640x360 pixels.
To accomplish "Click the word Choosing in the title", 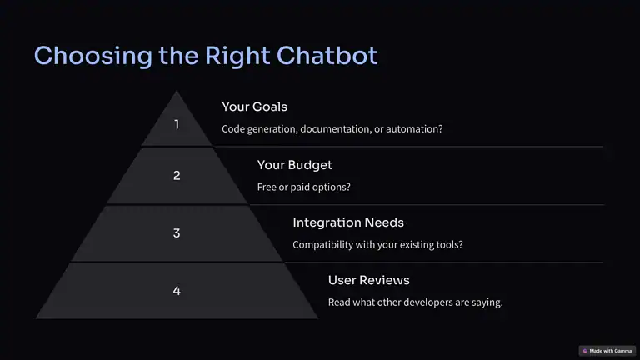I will pyautogui.click(x=80, y=56).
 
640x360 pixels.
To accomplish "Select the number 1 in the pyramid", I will pyautogui.click(x=177, y=124).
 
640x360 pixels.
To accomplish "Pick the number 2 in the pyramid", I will pyautogui.click(x=177, y=175).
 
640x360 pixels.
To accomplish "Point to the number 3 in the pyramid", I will pyautogui.click(x=177, y=233).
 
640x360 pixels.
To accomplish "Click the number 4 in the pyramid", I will pyautogui.click(x=177, y=291).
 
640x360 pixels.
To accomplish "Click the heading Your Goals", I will pyautogui.click(x=254, y=107).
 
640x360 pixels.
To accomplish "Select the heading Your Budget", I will pyautogui.click(x=294, y=165).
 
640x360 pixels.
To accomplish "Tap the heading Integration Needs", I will pyautogui.click(x=347, y=222).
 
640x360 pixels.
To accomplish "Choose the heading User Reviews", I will pyautogui.click(x=368, y=280).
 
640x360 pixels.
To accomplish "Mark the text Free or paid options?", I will pyautogui.click(x=303, y=187).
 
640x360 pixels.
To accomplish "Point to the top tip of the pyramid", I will pyautogui.click(x=177, y=92).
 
